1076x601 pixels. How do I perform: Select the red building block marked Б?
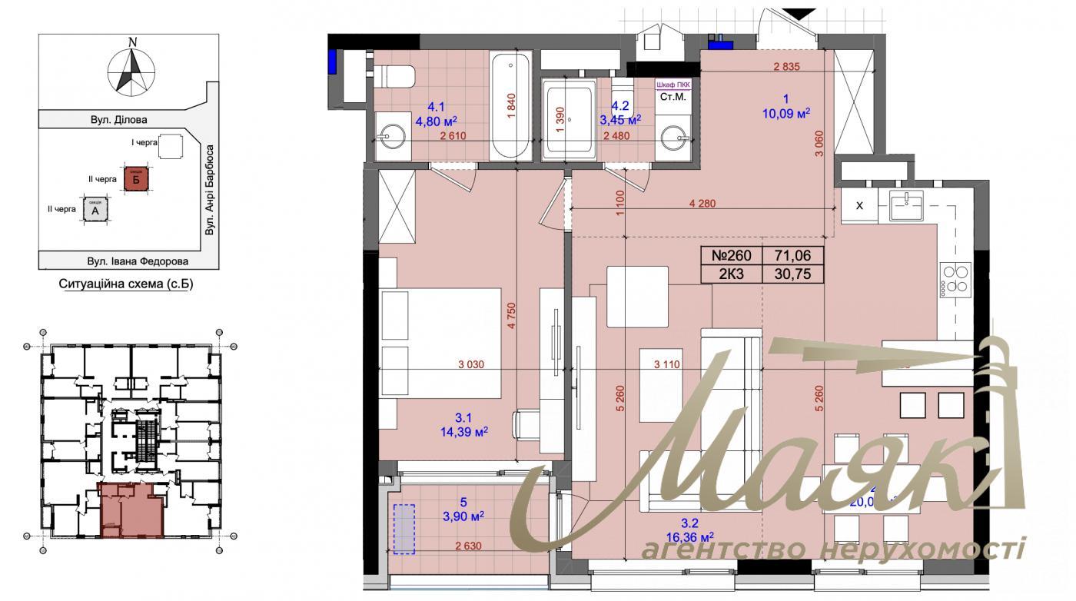click(x=135, y=179)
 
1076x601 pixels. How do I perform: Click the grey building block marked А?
click(x=95, y=209)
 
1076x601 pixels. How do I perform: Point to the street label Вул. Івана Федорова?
click(x=127, y=261)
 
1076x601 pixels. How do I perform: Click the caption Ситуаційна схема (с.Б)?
click(x=126, y=284)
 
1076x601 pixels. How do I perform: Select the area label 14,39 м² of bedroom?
click(x=462, y=432)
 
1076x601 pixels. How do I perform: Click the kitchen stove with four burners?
click(x=955, y=279)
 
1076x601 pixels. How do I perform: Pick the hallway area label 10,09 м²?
click(x=785, y=112)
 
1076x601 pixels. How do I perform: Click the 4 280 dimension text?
click(x=702, y=204)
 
